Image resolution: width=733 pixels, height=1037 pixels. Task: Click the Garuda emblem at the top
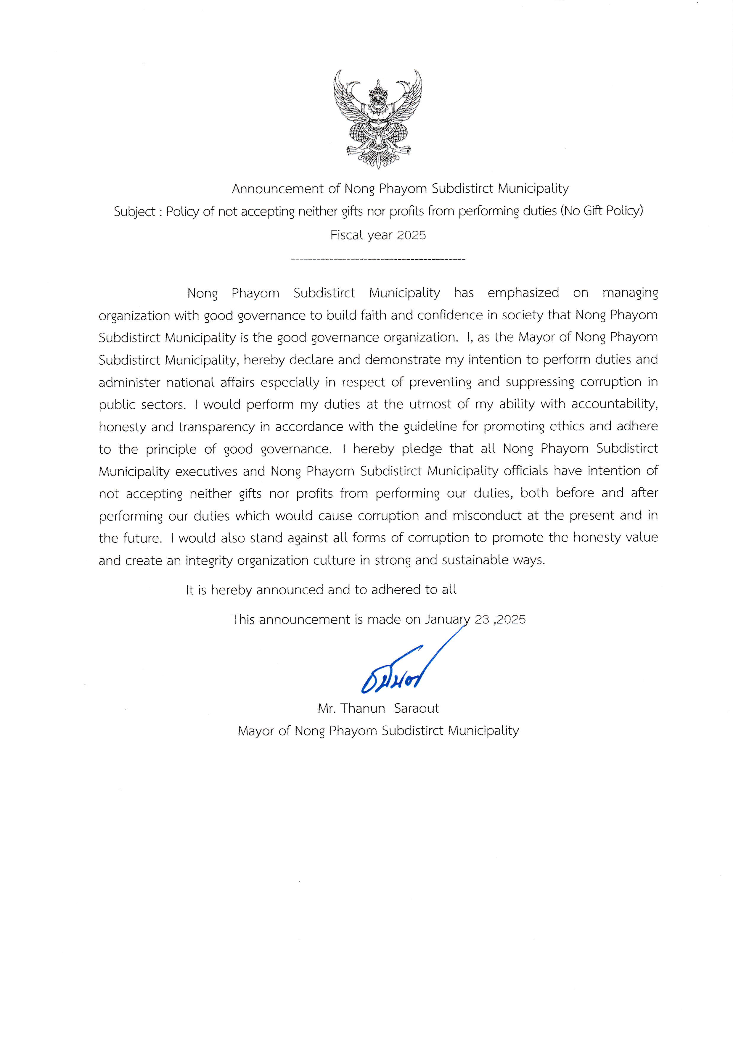coord(378,119)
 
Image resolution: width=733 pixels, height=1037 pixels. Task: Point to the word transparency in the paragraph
coord(217,427)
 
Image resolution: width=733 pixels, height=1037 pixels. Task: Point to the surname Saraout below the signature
coord(416,708)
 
